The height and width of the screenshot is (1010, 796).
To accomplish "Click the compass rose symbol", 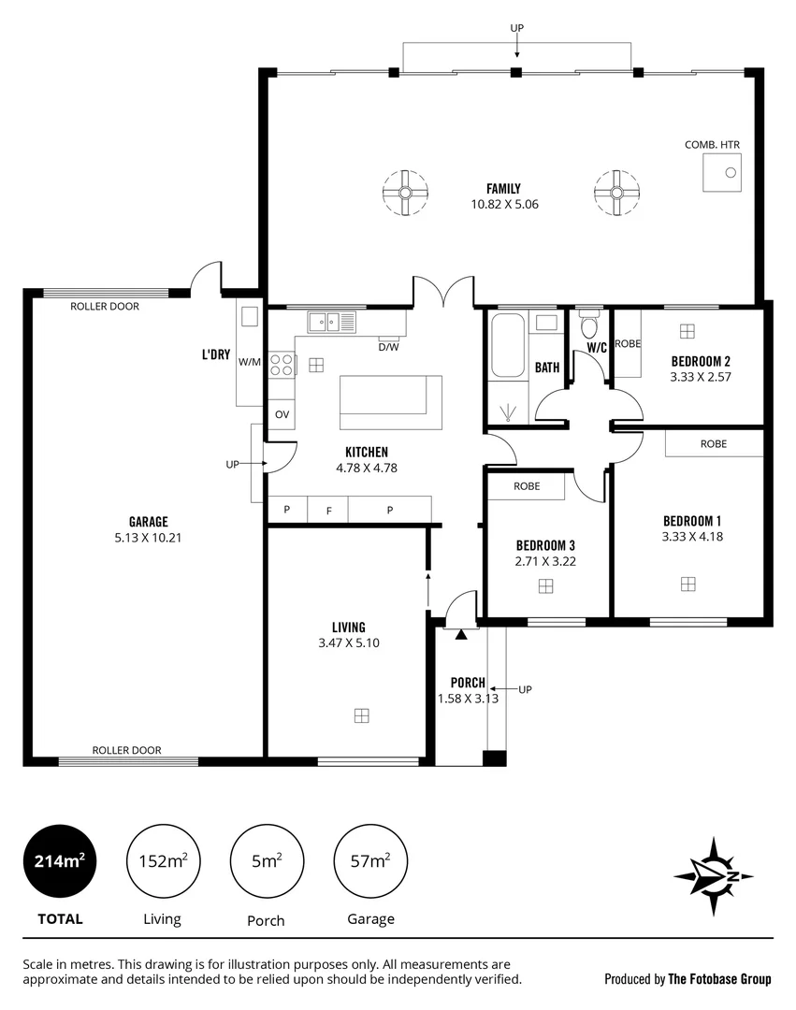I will click(714, 876).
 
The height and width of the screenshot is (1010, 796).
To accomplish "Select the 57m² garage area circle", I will click(370, 861).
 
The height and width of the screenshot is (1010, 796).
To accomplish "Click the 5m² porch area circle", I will click(267, 861).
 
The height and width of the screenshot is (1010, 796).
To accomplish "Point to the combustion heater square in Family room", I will click(722, 172).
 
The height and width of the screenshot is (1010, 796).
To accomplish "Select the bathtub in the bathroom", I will click(508, 345).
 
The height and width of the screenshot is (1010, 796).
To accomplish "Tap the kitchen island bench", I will click(390, 401).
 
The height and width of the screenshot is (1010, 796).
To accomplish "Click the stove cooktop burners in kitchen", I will click(282, 365).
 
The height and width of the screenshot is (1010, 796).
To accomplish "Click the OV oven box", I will click(282, 413).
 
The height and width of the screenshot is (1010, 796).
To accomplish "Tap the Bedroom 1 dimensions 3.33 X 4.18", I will click(691, 537).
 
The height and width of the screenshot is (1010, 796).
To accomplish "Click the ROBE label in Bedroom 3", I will click(527, 486).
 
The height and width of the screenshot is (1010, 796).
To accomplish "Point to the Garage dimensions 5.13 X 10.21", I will click(148, 538).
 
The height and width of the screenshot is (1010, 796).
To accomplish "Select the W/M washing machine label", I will click(249, 362).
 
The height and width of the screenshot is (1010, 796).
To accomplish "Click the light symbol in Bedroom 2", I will click(687, 331).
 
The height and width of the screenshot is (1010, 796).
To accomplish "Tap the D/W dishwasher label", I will click(387, 347).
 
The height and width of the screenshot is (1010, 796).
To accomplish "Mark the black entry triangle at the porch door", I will click(461, 635).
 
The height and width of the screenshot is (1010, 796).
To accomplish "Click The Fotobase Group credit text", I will click(719, 979).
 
